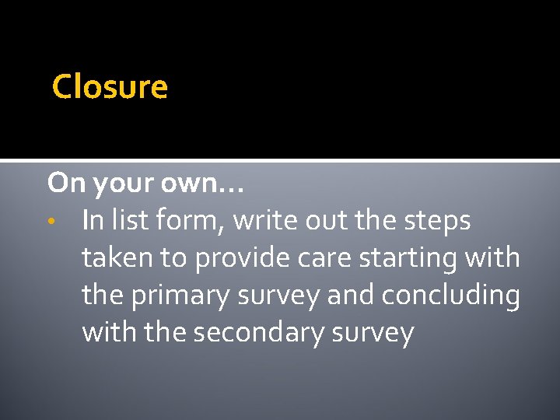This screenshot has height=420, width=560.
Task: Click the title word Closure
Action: point(110,86)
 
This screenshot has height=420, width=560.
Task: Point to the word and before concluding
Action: point(345,296)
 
